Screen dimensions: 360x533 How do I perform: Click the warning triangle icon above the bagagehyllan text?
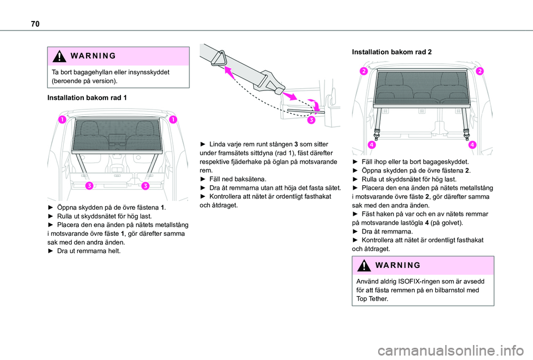pos(58,57)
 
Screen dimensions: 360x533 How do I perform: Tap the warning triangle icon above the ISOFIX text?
pos(363,265)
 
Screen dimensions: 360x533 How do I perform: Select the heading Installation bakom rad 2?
pos(392,52)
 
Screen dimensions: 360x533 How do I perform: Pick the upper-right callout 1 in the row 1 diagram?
pos(173,120)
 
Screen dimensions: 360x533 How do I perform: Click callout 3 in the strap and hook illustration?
pos(312,119)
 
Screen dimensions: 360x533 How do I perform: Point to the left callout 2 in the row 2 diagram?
pos(364,71)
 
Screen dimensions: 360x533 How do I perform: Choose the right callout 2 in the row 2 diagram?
pos(478,71)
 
